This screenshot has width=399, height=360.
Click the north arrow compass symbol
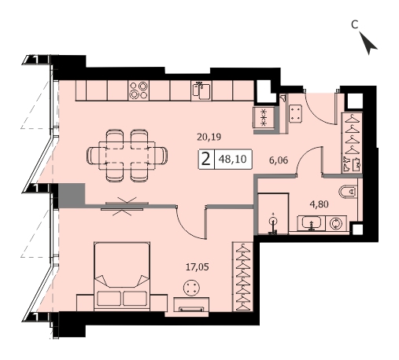[x=368, y=44]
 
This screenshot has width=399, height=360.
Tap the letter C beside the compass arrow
[x=354, y=24]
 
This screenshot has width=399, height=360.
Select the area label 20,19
[x=209, y=137]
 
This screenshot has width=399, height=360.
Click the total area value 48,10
[x=233, y=159]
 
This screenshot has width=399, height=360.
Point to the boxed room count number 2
[x=206, y=159]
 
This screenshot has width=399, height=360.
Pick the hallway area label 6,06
[x=279, y=160]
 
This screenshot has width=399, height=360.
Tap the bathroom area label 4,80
[x=319, y=204]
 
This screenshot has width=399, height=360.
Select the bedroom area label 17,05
[x=198, y=267]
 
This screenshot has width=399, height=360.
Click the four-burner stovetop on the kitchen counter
[x=139, y=90]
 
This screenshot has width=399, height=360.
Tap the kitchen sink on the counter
[x=201, y=90]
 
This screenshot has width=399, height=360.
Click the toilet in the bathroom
[x=348, y=192]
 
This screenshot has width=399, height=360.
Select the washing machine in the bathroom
[x=336, y=223]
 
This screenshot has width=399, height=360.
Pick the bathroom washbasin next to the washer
[x=311, y=223]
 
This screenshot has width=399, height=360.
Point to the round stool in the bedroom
[x=192, y=287]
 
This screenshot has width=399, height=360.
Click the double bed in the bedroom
[x=122, y=277]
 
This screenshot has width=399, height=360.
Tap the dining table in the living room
[x=127, y=156]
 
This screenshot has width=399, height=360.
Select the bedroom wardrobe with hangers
[x=243, y=277]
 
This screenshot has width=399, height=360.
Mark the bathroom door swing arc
[x=305, y=155]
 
